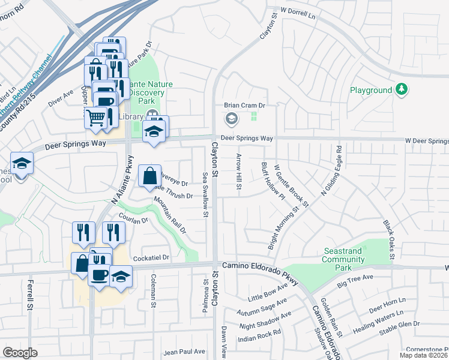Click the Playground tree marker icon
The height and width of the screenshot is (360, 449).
coord(402,90)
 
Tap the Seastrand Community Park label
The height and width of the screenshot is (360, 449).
coord(343,256)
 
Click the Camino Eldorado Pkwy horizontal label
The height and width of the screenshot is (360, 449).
coord(260,265)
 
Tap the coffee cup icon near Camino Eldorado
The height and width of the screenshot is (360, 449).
coord(100,275)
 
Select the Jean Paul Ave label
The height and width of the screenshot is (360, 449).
coord(184,352)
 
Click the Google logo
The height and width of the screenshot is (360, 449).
coord(20,353)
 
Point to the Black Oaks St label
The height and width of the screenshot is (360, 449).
coord(388,239)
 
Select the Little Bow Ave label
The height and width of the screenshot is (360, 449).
coord(268,292)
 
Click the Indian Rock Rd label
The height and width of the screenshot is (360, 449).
coord(260,336)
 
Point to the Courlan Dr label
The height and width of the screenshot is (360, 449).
coord(133,220)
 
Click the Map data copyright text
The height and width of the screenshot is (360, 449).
coord(424,355)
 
